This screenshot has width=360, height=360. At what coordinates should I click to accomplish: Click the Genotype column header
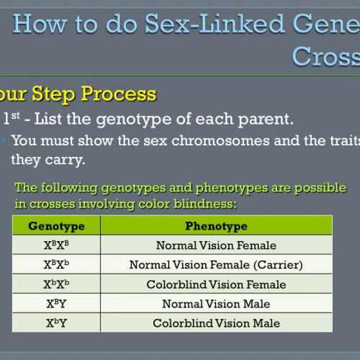[x=56, y=226]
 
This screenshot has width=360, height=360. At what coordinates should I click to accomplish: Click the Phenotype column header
[x=215, y=226]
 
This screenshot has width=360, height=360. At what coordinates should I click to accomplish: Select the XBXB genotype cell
[x=56, y=246]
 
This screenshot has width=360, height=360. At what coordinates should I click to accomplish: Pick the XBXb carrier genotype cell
[x=56, y=265]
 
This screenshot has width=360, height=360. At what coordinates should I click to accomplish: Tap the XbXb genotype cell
[x=56, y=284]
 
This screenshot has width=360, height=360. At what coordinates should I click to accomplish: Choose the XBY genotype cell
[x=56, y=304]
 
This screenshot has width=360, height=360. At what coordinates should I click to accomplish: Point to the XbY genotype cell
[x=56, y=323]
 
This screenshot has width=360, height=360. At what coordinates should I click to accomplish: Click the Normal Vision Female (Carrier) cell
[x=215, y=265]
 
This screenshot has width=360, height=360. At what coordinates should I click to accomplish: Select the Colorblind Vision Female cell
[x=215, y=284]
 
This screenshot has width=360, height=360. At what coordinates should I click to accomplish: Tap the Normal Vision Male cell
[x=215, y=304]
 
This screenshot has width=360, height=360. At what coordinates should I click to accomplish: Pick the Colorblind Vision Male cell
[x=215, y=323]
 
